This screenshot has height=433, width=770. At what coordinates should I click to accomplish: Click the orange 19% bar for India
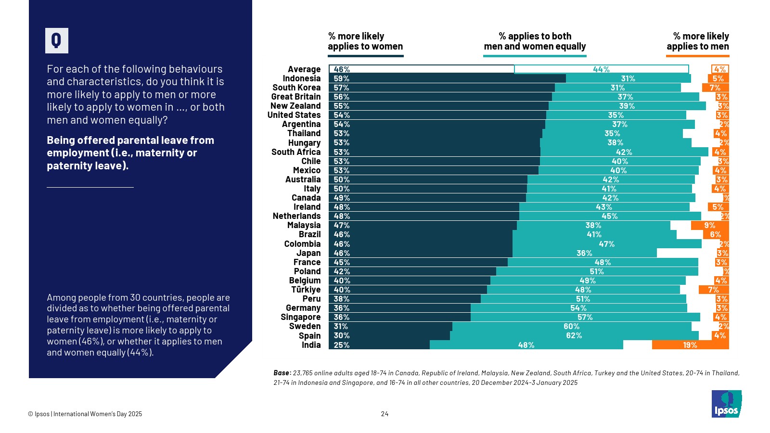tap(690, 345)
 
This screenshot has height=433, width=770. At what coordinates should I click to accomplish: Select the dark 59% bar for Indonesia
tap(448, 78)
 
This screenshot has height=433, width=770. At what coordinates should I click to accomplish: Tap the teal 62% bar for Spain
tap(574, 335)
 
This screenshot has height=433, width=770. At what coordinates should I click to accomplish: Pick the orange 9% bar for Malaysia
tap(710, 225)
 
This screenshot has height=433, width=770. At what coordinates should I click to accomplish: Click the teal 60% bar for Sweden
tap(572, 326)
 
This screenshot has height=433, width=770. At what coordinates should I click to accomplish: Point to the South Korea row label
tap(296, 88)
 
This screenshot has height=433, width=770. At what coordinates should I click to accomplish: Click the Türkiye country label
tap(306, 290)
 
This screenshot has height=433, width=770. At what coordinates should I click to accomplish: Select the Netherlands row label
tap(296, 216)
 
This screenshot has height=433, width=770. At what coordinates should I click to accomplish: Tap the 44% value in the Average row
tap(601, 69)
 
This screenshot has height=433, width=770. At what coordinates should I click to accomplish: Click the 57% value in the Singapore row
tap(585, 317)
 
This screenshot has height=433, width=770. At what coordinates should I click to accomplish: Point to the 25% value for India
tap(342, 345)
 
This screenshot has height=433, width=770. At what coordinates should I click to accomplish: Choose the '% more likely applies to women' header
tap(365, 41)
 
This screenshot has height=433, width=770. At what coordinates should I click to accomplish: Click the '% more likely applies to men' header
tap(697, 41)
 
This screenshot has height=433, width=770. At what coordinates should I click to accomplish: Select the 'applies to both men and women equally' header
tap(535, 41)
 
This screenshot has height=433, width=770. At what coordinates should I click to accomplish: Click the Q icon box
tap(57, 40)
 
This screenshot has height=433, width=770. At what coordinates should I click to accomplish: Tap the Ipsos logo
tap(726, 404)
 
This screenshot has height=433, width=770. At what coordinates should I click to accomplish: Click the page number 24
tap(385, 414)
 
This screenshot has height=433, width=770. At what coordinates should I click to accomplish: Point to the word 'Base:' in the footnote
tap(282, 373)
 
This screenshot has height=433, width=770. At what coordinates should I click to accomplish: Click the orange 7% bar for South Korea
tap(715, 88)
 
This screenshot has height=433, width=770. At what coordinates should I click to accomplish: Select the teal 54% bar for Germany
tap(578, 308)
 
